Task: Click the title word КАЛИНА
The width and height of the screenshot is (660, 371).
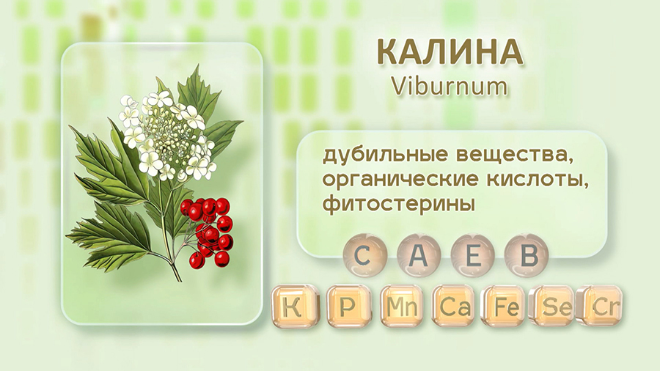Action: pyautogui.click(x=450, y=53)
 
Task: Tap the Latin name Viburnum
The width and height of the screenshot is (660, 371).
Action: pyautogui.click(x=450, y=87)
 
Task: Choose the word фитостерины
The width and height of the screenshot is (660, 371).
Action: pyautogui.click(x=399, y=205)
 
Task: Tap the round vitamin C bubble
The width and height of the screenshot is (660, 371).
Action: pyautogui.click(x=363, y=255)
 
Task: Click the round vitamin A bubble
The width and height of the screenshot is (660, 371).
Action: pyautogui.click(x=418, y=255)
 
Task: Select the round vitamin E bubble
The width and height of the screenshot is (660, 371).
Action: pyautogui.click(x=472, y=255)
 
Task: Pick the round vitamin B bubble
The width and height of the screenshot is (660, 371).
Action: pyautogui.click(x=527, y=255)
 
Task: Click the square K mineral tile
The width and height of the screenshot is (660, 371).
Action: pyautogui.click(x=293, y=306)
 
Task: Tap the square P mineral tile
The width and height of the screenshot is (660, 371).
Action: pyautogui.click(x=348, y=306)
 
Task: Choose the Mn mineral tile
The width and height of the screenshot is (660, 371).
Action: pyautogui.click(x=402, y=306)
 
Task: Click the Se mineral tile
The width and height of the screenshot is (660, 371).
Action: pyautogui.click(x=555, y=306)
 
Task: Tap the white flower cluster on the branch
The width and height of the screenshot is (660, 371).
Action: pyautogui.click(x=166, y=135)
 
